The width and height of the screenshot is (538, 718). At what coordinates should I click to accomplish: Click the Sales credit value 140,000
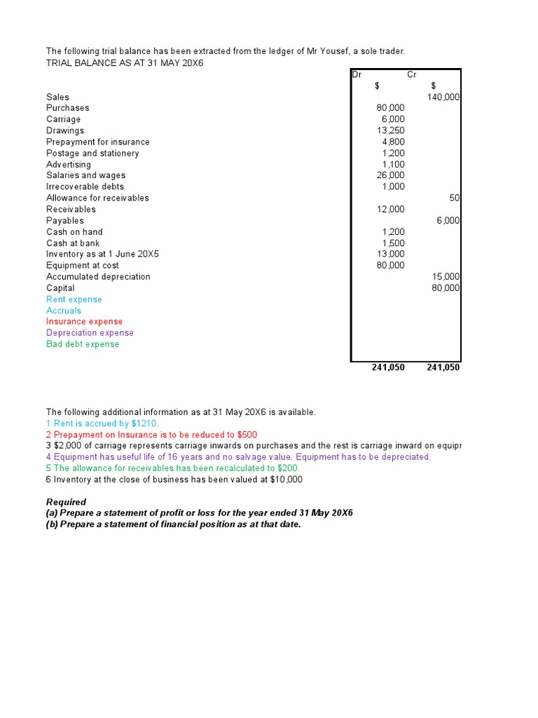443,97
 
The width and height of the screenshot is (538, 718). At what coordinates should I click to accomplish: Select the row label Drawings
65,130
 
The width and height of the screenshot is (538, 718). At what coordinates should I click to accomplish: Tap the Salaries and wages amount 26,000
390,175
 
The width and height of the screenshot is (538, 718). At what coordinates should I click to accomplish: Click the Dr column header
357,74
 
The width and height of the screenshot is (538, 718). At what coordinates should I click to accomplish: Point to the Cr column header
412,74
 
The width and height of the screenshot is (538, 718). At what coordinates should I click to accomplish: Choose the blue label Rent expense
74,299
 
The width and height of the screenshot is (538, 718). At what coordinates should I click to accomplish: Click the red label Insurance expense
84,322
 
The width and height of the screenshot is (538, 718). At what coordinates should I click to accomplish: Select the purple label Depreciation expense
90,333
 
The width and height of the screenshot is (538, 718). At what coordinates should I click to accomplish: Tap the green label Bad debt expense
83,344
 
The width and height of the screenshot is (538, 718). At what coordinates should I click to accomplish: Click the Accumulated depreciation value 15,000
446,277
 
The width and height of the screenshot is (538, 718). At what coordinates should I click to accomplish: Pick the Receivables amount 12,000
390,209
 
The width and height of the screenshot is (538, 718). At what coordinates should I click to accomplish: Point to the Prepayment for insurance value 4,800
393,142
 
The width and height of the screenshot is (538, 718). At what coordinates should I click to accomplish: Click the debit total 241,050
388,367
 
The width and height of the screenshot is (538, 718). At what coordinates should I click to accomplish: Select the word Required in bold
66,502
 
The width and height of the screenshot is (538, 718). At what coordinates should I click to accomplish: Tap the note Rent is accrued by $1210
103,424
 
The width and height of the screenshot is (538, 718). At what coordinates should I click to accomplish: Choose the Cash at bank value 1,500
393,243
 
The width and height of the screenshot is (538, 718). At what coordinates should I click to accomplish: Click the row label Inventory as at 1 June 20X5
102,255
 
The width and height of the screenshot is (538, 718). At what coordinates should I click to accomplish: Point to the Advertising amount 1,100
393,164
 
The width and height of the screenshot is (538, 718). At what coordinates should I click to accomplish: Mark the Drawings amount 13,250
390,130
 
